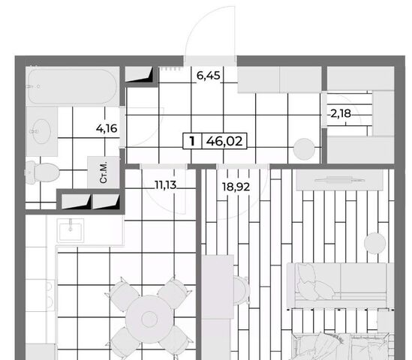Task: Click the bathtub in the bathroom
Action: (72, 86)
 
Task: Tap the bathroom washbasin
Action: (42, 131)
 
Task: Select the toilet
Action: (43, 172)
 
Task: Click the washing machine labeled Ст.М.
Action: (104, 172)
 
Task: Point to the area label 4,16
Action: (107, 129)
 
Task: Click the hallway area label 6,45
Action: (209, 76)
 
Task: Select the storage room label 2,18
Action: (341, 114)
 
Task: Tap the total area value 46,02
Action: (224, 141)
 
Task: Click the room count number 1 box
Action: (192, 141)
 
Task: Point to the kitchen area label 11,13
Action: (166, 185)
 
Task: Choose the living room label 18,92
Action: (236, 187)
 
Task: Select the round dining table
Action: (149, 319)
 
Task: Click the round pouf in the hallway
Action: (304, 149)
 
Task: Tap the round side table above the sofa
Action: (375, 243)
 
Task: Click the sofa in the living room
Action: (340, 285)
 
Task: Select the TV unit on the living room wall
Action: (339, 179)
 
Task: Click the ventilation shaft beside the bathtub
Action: (139, 74)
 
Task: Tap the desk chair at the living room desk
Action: (241, 290)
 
